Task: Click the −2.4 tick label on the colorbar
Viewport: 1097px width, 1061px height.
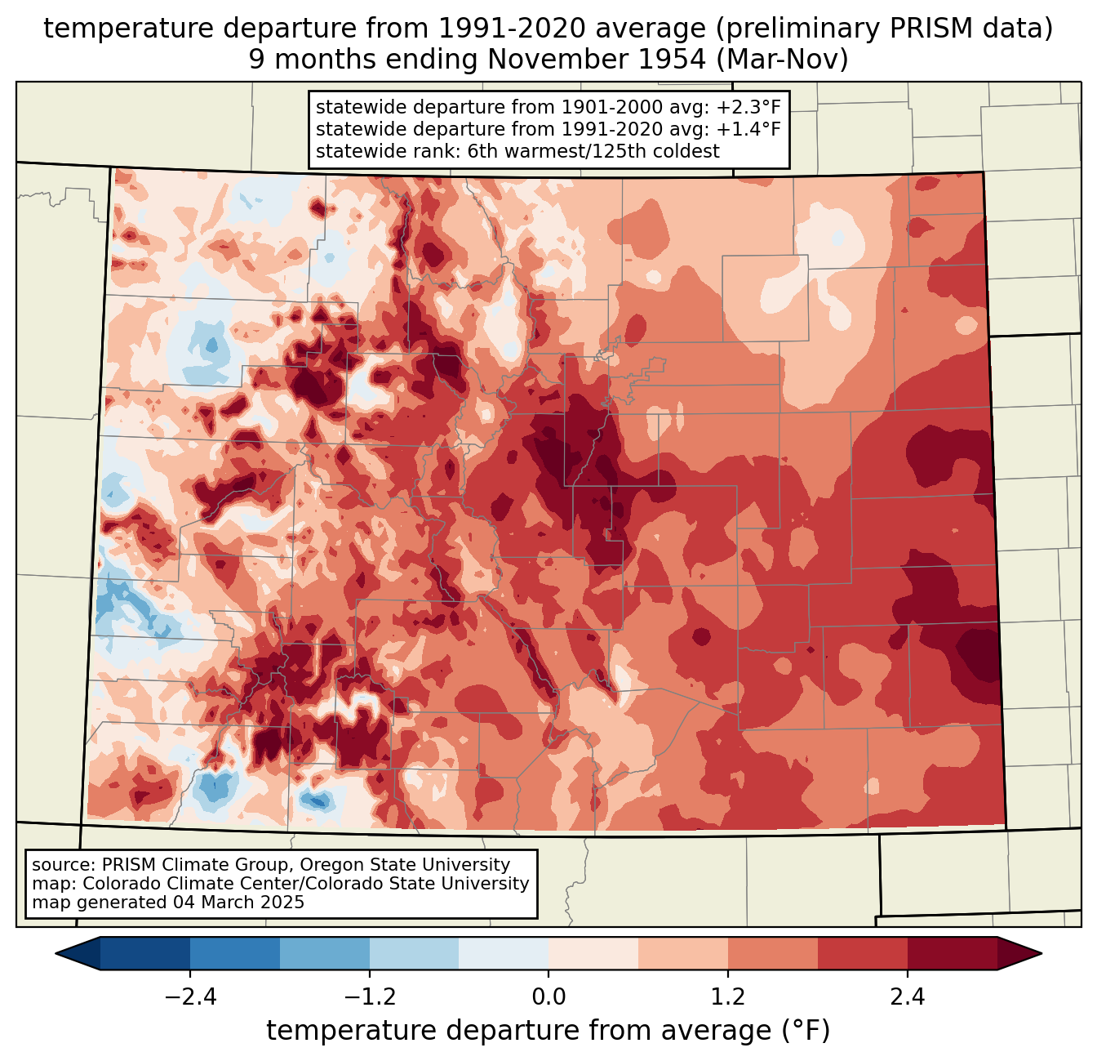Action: [190, 996]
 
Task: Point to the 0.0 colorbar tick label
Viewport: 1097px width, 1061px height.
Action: [548, 996]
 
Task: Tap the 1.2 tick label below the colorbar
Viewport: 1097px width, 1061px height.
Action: [727, 996]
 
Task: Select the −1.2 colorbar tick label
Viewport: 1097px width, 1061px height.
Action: [369, 996]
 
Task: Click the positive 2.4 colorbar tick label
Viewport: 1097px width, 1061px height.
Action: [907, 996]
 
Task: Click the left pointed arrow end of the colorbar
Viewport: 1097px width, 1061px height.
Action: [78, 953]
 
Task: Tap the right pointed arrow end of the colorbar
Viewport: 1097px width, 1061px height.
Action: [1019, 953]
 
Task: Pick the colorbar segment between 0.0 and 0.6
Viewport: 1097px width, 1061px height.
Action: [593, 953]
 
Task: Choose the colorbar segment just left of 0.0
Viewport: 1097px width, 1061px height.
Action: [504, 953]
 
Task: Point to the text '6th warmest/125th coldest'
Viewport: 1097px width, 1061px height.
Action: [593, 151]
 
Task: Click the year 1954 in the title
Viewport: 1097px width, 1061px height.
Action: [677, 59]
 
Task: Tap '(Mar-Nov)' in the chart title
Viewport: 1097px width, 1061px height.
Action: [782, 60]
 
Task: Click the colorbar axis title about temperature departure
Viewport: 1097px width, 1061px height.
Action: [548, 1030]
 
